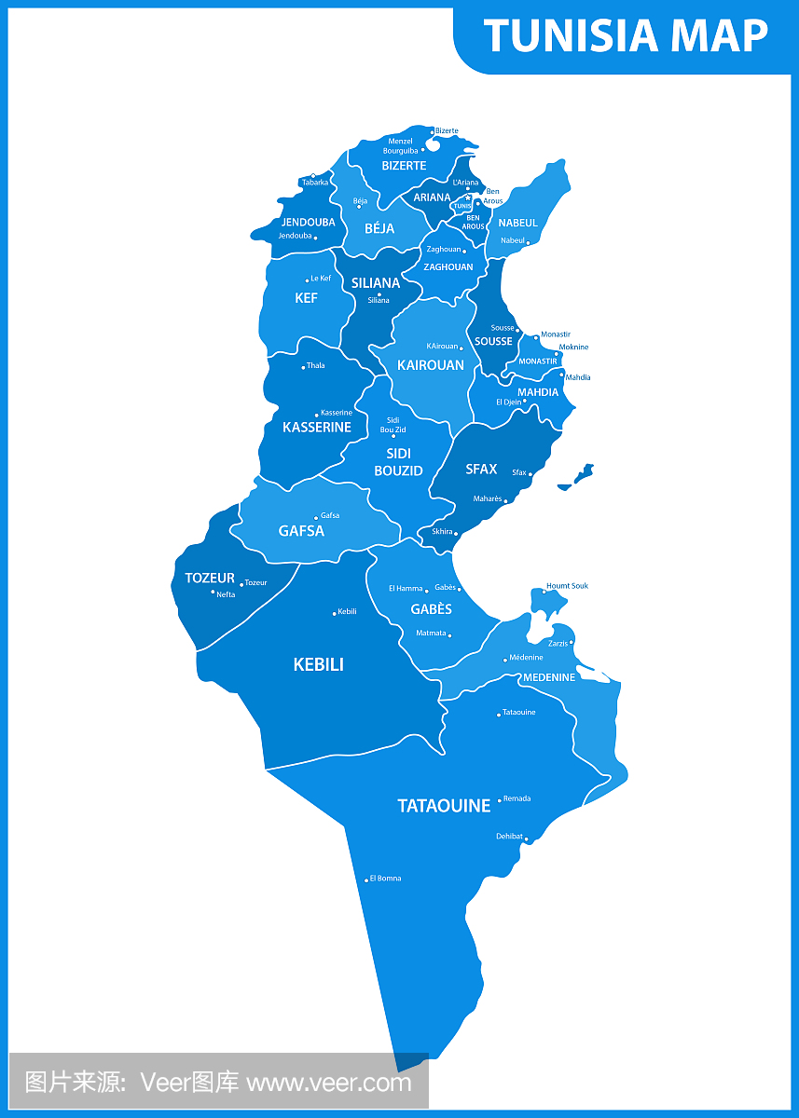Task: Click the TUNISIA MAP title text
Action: pyautogui.click(x=626, y=36)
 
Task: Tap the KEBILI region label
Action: pyautogui.click(x=318, y=664)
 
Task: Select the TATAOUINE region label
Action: pyautogui.click(x=444, y=806)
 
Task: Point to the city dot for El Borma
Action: pyautogui.click(x=366, y=879)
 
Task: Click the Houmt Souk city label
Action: pyautogui.click(x=568, y=586)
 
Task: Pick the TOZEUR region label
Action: pyautogui.click(x=210, y=579)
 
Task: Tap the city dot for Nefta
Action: pyautogui.click(x=213, y=592)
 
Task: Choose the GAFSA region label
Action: pyautogui.click(x=301, y=531)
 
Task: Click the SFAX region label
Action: pyautogui.click(x=481, y=470)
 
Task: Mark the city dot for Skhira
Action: pyautogui.click(x=456, y=534)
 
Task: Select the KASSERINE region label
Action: pyautogui.click(x=317, y=428)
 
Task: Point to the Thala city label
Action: pyautogui.click(x=316, y=366)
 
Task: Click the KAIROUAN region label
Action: pyautogui.click(x=430, y=365)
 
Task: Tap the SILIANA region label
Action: pyautogui.click(x=376, y=283)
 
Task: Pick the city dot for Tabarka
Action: pyautogui.click(x=313, y=175)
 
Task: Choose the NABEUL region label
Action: pyautogui.click(x=517, y=224)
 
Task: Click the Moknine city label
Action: pyautogui.click(x=574, y=348)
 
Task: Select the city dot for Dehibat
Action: pyautogui.click(x=526, y=839)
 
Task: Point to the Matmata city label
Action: pyautogui.click(x=430, y=634)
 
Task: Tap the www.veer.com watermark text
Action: pyautogui.click(x=329, y=1083)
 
